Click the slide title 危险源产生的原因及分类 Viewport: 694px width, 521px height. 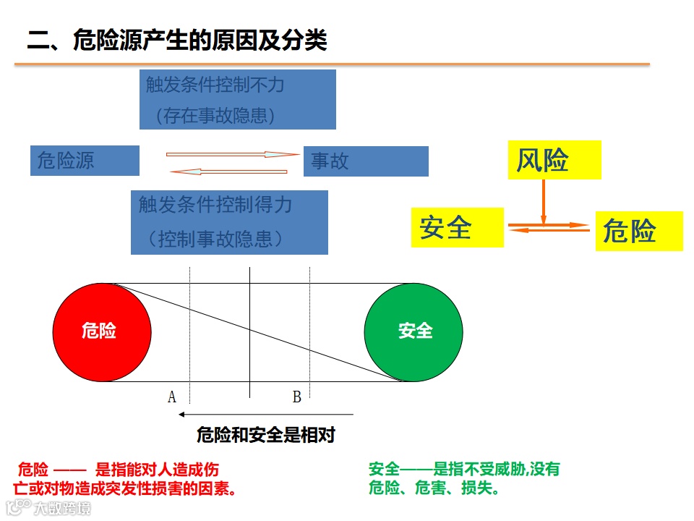[177, 41]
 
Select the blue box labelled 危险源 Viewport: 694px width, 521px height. [85, 161]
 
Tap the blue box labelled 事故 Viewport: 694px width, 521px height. [366, 161]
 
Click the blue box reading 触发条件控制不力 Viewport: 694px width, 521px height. [237, 99]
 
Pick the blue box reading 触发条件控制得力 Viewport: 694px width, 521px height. [229, 222]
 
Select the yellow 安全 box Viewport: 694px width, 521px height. [457, 227]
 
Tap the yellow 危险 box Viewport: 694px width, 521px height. [639, 232]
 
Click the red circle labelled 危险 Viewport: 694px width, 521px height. [102, 332]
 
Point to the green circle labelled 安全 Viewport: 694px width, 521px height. [414, 332]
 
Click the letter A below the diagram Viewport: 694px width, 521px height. [172, 397]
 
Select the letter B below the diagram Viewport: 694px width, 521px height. [296, 397]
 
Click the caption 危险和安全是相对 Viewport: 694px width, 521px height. [266, 436]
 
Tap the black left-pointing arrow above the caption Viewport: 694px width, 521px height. [265, 415]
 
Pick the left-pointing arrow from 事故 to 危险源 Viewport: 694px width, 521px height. [228, 171]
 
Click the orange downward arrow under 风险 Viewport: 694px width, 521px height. [544, 200]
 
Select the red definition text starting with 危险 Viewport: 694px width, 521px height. [127, 478]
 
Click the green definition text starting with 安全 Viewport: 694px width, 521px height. [463, 478]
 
